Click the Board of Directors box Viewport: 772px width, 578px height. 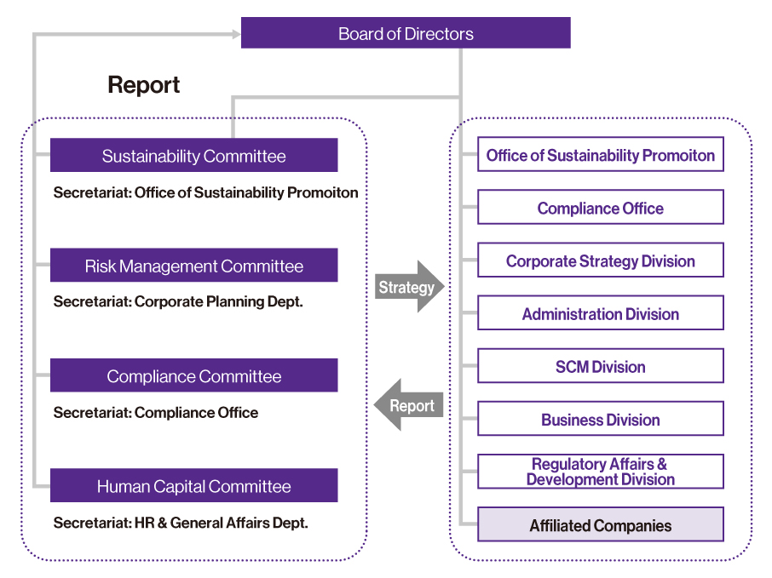point(406,33)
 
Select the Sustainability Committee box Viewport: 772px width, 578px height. point(194,155)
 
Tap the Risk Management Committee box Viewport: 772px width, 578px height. point(194,265)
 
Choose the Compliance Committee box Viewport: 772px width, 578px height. point(194,375)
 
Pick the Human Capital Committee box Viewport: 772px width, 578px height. point(194,485)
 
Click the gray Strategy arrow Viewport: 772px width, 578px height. point(410,287)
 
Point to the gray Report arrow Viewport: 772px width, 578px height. point(409,405)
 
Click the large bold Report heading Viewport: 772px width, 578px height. point(144,84)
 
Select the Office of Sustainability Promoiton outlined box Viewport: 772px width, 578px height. point(601,154)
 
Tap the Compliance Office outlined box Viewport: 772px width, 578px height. point(601,207)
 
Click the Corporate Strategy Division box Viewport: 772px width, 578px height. point(601,260)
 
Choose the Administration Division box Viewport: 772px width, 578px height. point(601,313)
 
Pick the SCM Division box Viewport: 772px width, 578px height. point(601,366)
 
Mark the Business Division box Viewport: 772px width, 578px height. point(601,419)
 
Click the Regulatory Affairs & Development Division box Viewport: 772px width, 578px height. point(601,472)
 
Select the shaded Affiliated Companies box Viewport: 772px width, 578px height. point(601,524)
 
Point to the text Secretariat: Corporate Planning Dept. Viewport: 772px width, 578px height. point(178,301)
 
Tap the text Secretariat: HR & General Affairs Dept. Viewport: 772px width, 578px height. point(181,523)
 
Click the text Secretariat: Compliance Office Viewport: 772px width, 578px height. point(156,412)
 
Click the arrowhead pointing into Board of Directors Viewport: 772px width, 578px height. point(237,34)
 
